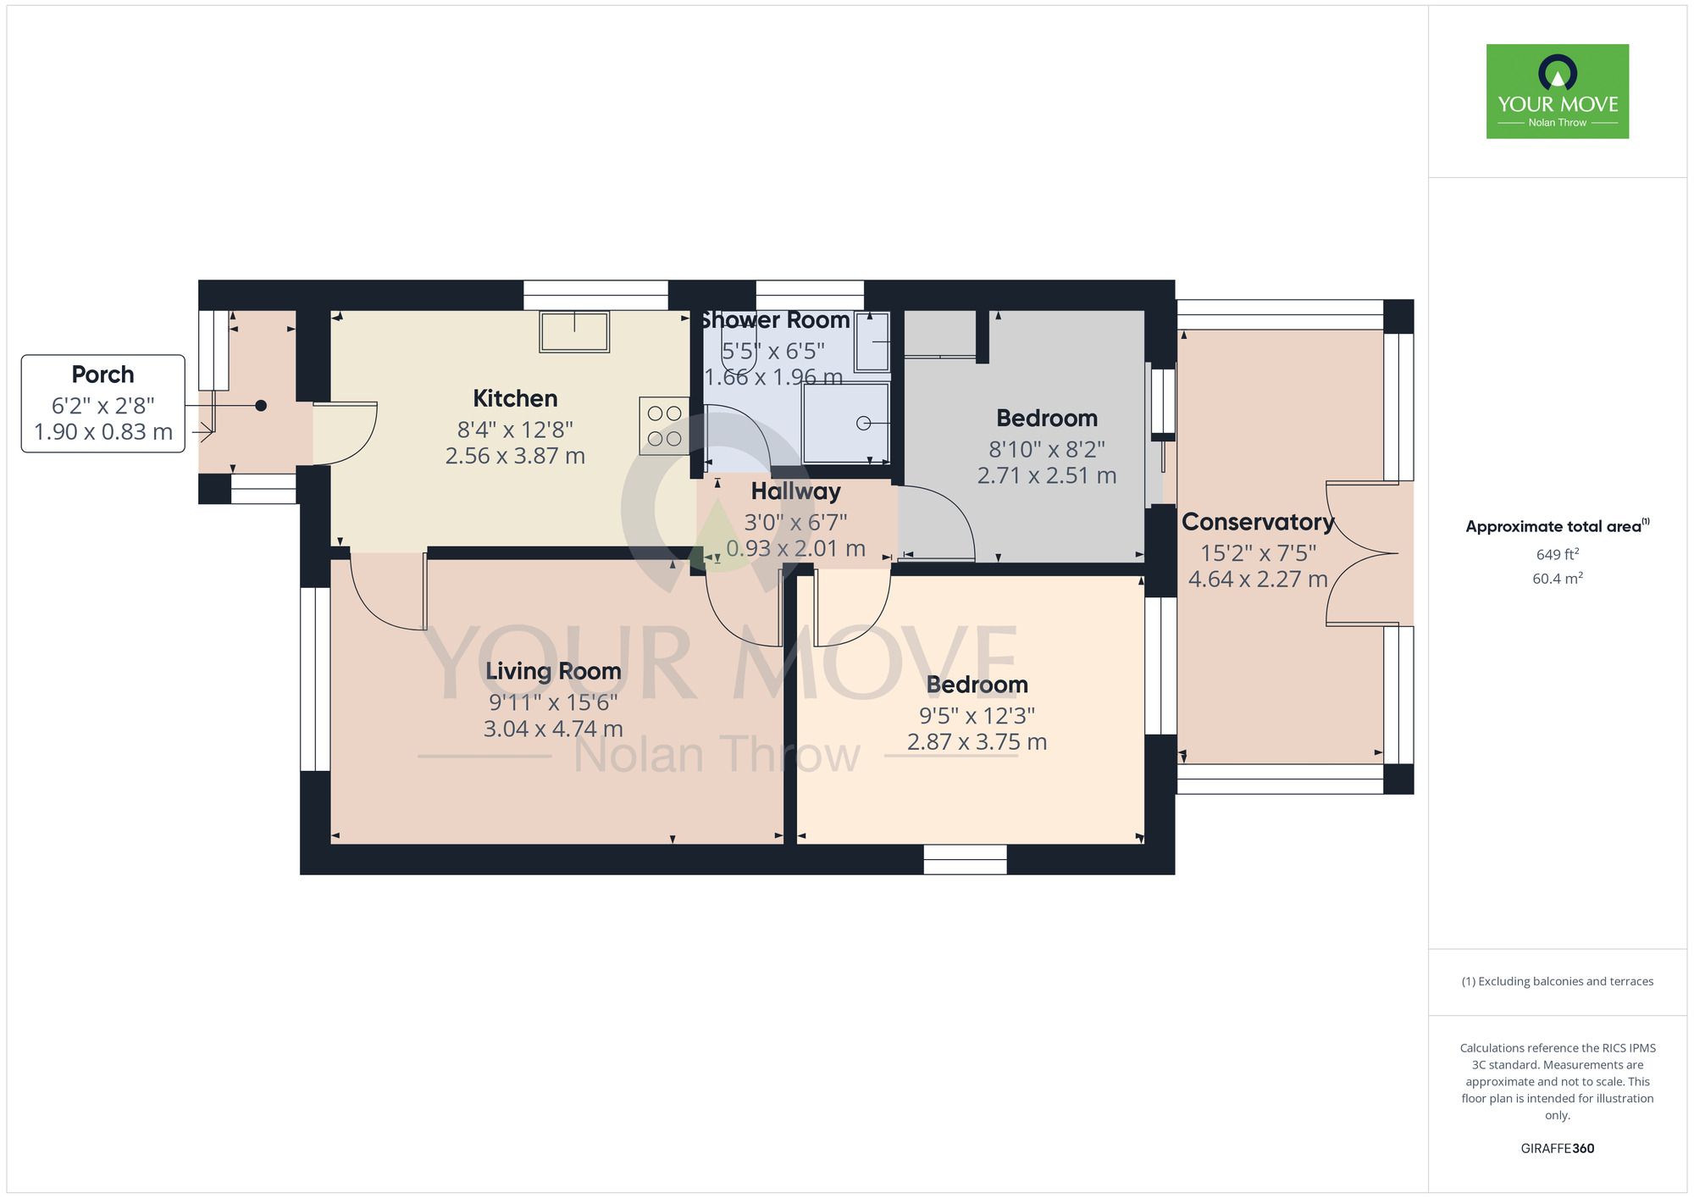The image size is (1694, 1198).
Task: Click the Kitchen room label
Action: tap(515, 398)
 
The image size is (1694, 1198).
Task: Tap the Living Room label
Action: tap(553, 671)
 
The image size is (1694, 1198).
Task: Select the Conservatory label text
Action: tap(1258, 522)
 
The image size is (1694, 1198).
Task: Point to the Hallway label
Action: tap(795, 491)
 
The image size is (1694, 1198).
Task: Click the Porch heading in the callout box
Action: tap(102, 374)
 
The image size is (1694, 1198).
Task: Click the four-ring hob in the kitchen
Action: tap(664, 426)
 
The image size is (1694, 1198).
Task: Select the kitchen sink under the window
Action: tap(574, 331)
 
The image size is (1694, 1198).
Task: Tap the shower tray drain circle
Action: tap(863, 423)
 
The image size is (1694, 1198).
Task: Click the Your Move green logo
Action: tap(1558, 92)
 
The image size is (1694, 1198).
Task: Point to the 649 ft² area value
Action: tap(1558, 554)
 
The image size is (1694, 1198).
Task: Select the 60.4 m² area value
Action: tap(1558, 579)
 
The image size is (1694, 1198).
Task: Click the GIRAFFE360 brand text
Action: tap(1558, 1149)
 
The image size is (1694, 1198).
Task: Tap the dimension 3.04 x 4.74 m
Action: tap(553, 729)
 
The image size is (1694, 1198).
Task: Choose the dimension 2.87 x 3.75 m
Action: tap(977, 742)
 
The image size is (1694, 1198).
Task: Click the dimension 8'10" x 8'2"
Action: tap(1047, 449)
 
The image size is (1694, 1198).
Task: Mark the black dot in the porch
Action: tap(261, 406)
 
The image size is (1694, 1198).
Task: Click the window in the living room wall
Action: tap(315, 679)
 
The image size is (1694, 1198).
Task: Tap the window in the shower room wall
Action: tap(810, 295)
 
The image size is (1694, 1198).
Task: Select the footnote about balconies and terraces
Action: tap(1558, 981)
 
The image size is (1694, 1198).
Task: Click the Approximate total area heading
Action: tap(1558, 526)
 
